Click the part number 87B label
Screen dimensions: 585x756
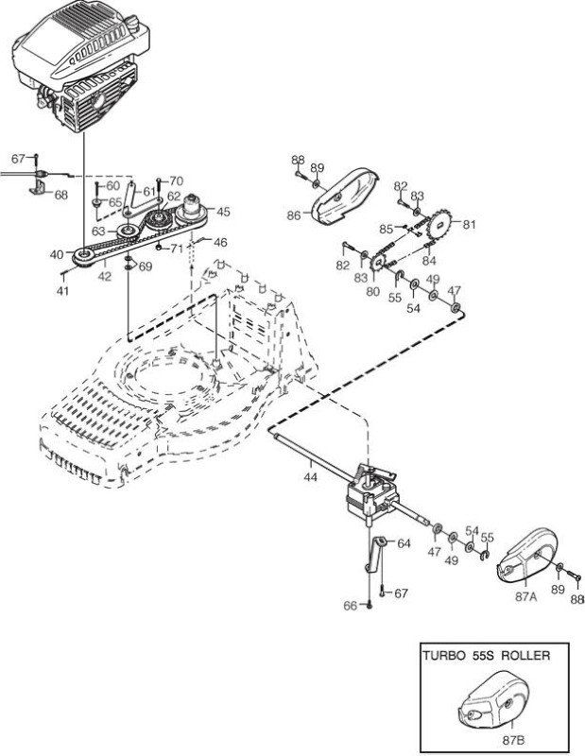(x=513, y=740)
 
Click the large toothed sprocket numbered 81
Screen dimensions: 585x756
(x=439, y=223)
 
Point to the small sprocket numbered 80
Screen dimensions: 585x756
(x=378, y=263)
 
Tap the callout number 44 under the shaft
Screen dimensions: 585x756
(x=311, y=477)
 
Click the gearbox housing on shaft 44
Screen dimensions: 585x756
(x=371, y=494)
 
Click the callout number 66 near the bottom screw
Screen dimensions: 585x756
(x=350, y=605)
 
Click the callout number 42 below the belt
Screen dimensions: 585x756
(x=105, y=276)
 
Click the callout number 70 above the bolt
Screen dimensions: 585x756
(x=177, y=180)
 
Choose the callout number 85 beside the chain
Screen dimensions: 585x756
(x=386, y=230)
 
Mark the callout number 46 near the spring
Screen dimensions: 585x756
(x=220, y=242)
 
